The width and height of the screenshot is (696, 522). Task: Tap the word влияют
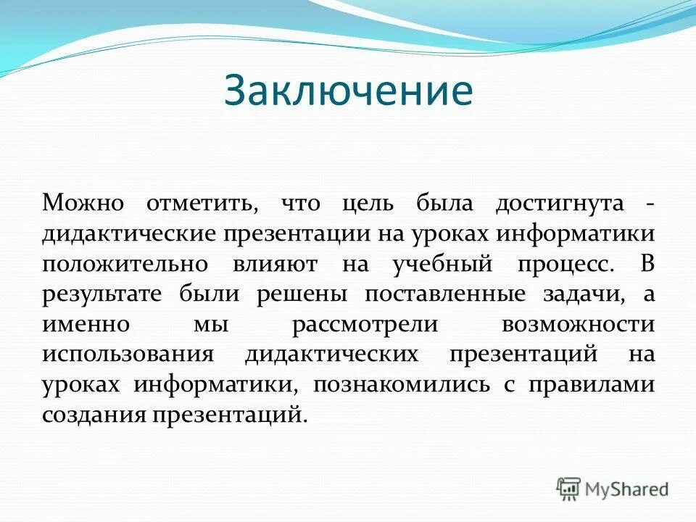coord(275,264)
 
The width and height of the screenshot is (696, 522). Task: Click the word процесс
coord(565,264)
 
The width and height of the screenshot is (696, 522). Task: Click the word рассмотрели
coord(365,324)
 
